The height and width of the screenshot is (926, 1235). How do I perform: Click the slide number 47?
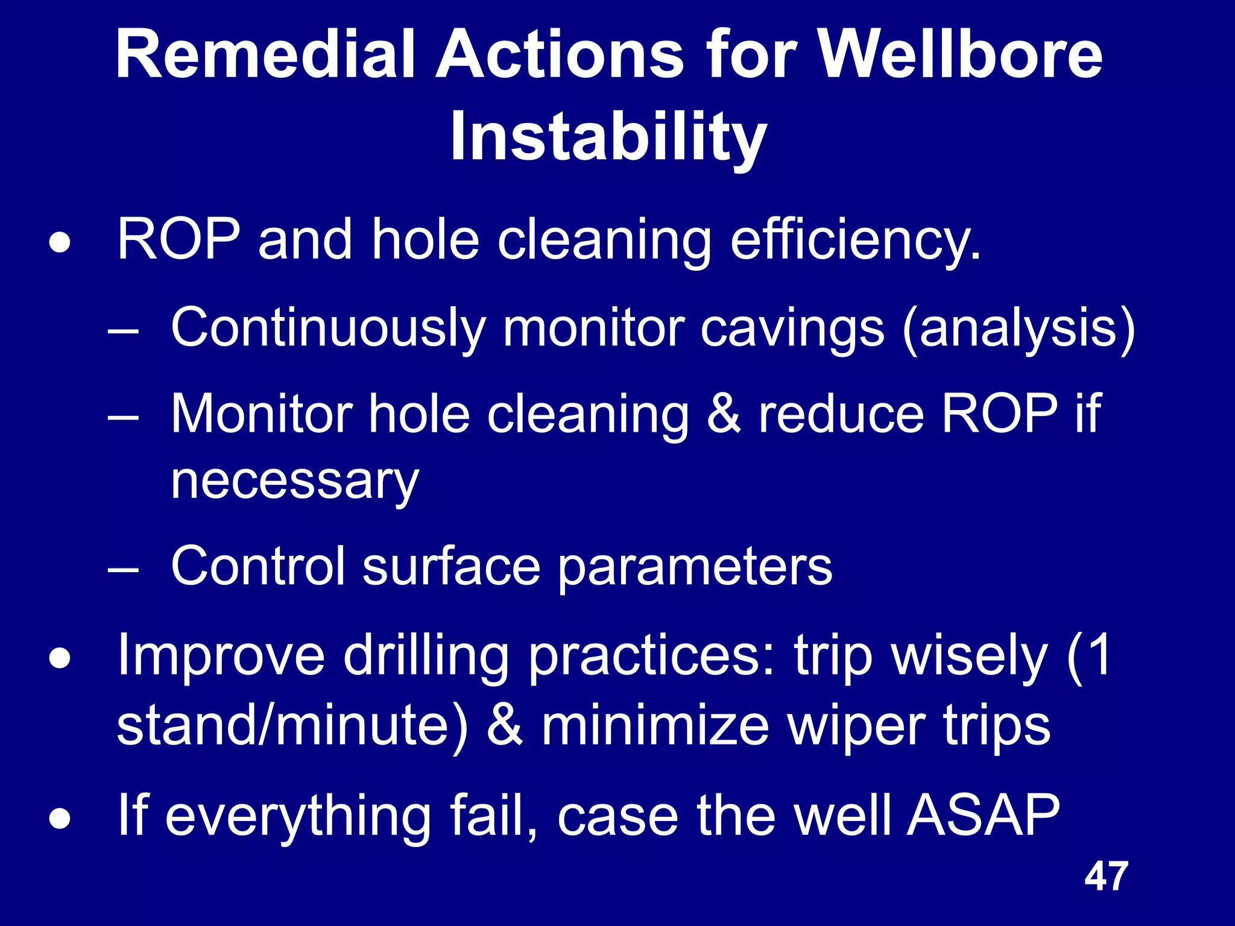pyautogui.click(x=1105, y=877)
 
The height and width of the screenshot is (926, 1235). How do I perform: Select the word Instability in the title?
pyautogui.click(x=608, y=137)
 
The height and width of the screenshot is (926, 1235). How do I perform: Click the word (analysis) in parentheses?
pyautogui.click(x=1019, y=329)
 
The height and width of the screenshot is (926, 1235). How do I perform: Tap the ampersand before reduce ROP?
pyautogui.click(x=723, y=414)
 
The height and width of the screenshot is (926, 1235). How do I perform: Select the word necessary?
pyautogui.click(x=294, y=482)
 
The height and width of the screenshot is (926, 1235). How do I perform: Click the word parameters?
pyautogui.click(x=694, y=567)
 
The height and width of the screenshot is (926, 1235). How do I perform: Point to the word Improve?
pyautogui.click(x=221, y=656)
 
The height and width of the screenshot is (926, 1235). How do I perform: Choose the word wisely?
pyautogui.click(x=969, y=656)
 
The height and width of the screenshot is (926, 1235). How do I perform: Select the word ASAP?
pyautogui.click(x=983, y=815)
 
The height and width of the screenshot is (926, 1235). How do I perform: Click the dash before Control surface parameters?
pyautogui.click(x=124, y=569)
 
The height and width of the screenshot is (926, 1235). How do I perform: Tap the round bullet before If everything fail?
pyautogui.click(x=60, y=819)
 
